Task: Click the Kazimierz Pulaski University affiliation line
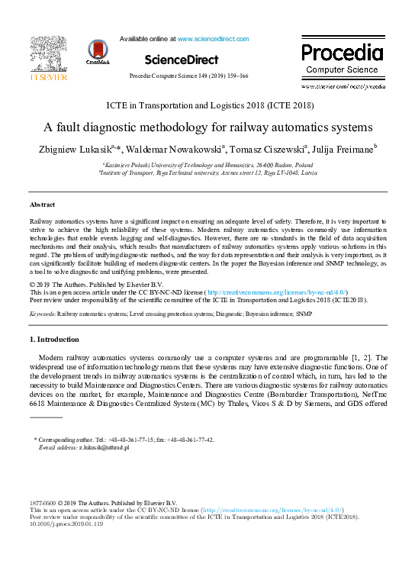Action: [x=208, y=164]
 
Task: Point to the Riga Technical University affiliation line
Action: [x=208, y=172]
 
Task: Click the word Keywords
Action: [x=42, y=313]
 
